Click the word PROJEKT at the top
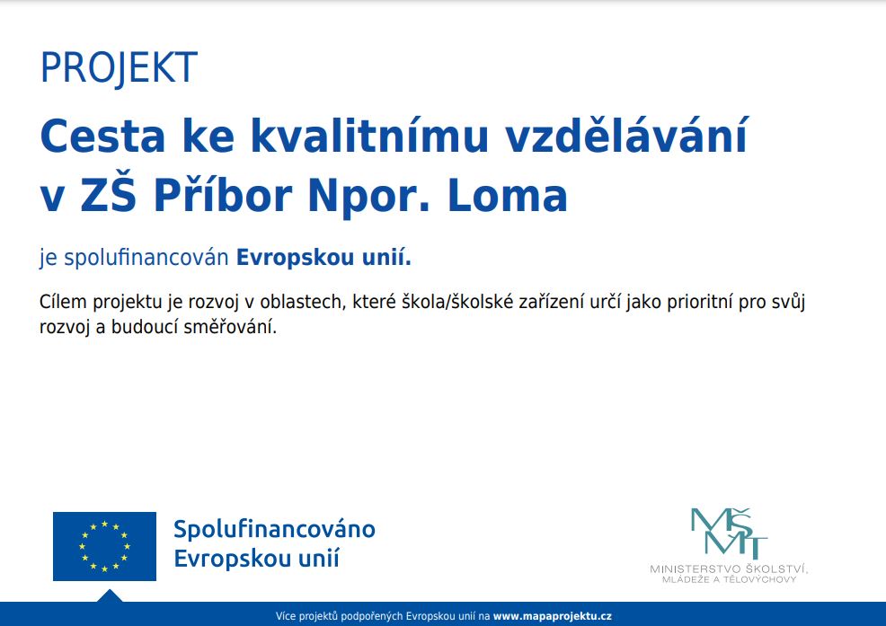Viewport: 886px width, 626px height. coord(120,68)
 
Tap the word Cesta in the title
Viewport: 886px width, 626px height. coord(102,136)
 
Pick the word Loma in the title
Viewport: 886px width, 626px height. coord(508,196)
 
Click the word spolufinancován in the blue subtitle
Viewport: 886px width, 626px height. coord(146,258)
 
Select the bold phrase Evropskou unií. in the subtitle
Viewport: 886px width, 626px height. coord(323,258)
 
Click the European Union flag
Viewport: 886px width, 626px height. coord(104,546)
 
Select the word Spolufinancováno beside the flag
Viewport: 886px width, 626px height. coord(275,529)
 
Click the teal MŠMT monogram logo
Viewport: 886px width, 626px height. coord(729,533)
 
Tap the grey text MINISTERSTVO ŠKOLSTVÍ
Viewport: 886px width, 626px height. coord(729,569)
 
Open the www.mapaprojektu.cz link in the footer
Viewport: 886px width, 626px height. coord(552,616)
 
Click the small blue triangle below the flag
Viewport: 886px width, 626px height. coord(110,596)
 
